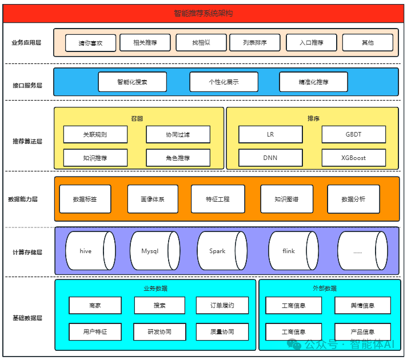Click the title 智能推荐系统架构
pos(203,13)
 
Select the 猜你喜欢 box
pos(90,43)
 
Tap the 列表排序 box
pos(255,43)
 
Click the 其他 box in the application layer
pos(368,43)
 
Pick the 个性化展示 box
pos(224,82)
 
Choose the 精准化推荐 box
pos(313,82)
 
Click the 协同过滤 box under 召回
pos(178,135)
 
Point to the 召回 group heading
pos(137,119)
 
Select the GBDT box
pos(353,135)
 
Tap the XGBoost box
pos(353,158)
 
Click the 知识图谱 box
pos(286,199)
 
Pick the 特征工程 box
pos(218,199)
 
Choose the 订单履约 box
pos(222,306)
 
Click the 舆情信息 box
pos(362,306)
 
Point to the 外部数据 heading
pos(324,289)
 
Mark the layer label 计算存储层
pos(27,252)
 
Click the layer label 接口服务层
pos(27,85)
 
